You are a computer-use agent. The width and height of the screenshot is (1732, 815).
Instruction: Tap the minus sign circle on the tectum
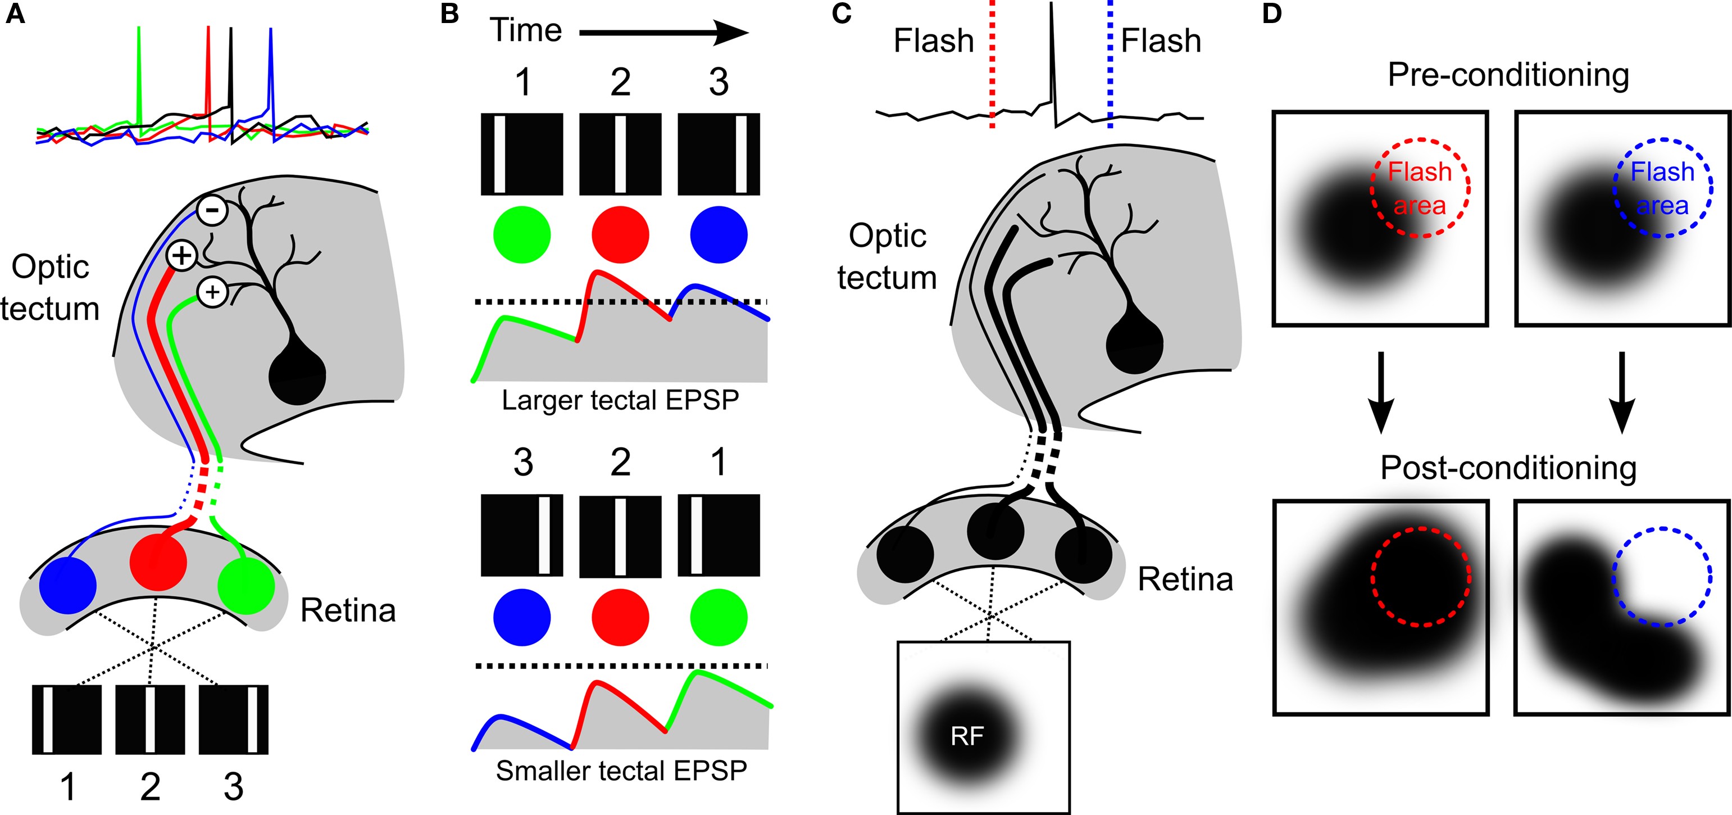[x=212, y=210]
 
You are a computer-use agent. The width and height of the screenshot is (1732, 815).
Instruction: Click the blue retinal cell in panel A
[x=68, y=585]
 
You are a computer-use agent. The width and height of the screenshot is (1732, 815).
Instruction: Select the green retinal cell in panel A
[x=246, y=585]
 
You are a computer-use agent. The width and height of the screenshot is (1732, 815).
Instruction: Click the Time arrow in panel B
[x=663, y=32]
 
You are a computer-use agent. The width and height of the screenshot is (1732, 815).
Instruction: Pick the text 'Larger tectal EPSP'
[x=620, y=400]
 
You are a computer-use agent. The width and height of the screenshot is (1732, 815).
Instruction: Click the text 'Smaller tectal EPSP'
[x=621, y=771]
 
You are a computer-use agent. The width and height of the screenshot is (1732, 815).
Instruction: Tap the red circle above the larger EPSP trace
[x=620, y=235]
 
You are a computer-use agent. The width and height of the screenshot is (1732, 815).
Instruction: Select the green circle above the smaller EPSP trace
[x=719, y=617]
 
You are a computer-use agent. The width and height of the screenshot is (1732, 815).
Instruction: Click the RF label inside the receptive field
[x=967, y=736]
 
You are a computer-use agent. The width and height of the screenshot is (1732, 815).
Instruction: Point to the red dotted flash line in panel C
[x=992, y=64]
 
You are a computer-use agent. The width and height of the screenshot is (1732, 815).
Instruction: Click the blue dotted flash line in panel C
[x=1110, y=64]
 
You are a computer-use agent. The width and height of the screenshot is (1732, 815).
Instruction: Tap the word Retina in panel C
[x=1185, y=579]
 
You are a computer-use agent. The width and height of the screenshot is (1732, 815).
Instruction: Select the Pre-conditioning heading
[x=1508, y=75]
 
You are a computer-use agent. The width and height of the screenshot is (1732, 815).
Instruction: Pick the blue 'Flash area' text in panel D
[x=1662, y=188]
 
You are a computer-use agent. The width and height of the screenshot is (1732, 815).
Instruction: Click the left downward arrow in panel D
[x=1380, y=393]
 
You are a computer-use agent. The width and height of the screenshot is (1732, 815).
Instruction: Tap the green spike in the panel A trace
[x=139, y=74]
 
